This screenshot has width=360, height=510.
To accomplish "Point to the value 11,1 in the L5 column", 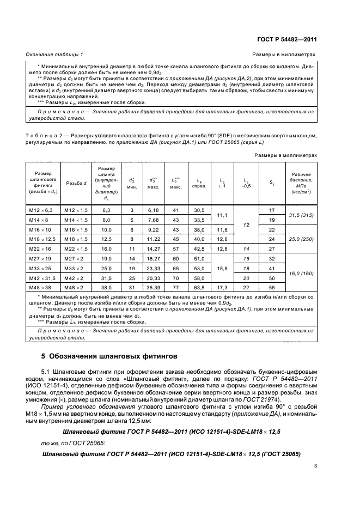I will coord(222,215).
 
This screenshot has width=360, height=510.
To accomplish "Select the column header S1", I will coord(272,183).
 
